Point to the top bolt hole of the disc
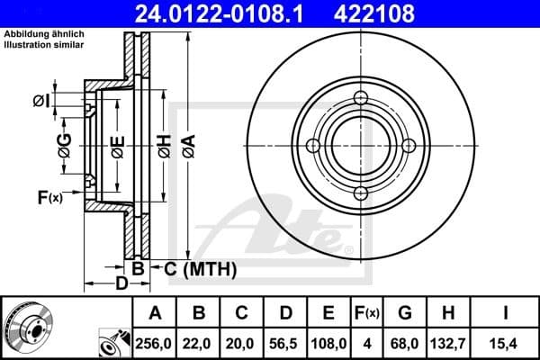(x=360, y=99)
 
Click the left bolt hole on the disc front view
(x=313, y=146)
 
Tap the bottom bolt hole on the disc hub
(x=360, y=193)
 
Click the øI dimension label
(x=40, y=101)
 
